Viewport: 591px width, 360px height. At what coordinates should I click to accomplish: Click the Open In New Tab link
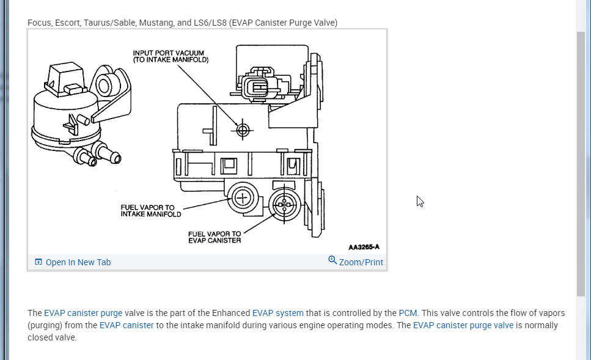click(78, 262)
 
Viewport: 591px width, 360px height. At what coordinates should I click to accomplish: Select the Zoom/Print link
click(361, 262)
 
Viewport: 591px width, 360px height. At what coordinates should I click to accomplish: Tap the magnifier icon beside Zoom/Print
click(332, 260)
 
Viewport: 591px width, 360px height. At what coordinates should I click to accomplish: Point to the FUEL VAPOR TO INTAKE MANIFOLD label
click(150, 211)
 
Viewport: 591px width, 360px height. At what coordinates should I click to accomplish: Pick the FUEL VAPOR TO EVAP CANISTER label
click(214, 237)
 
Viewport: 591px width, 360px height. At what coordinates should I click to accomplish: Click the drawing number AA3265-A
click(364, 247)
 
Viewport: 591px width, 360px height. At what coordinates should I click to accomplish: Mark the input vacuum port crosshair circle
click(243, 130)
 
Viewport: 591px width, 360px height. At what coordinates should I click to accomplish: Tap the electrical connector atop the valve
click(260, 87)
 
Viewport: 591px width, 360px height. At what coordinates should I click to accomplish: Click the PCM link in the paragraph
click(408, 313)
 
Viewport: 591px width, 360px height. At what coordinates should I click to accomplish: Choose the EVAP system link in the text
click(277, 313)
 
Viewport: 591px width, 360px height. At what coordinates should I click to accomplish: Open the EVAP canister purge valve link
click(463, 325)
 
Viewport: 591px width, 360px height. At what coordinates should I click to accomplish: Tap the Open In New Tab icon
click(39, 262)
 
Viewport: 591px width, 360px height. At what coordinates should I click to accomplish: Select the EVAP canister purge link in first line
click(83, 313)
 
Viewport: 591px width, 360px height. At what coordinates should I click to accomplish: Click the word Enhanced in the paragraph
click(231, 313)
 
